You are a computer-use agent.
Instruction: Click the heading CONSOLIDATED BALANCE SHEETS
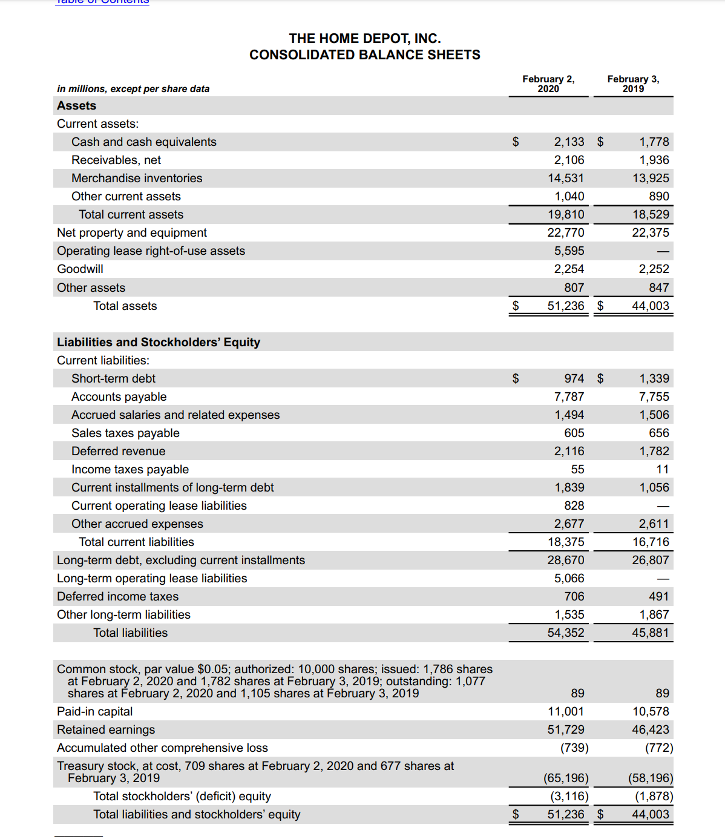tap(364, 55)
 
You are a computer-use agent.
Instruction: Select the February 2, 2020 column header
tap(548, 84)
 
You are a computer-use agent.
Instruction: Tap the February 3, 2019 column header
tap(633, 84)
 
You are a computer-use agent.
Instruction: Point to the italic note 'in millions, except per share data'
tap(133, 89)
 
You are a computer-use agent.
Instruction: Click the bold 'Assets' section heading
tap(77, 106)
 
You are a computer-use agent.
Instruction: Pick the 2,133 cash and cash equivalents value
tap(569, 142)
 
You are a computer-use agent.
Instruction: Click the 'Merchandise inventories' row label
tap(137, 179)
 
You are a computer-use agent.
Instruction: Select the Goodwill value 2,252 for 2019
tap(654, 269)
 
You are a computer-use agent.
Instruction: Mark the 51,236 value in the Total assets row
tap(566, 306)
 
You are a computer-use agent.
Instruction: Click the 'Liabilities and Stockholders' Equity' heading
tap(159, 343)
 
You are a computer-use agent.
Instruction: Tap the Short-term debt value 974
tap(574, 379)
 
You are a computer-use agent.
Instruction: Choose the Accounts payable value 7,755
tap(654, 397)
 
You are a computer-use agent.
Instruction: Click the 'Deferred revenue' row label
tap(118, 452)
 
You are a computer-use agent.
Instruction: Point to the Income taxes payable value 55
tap(577, 470)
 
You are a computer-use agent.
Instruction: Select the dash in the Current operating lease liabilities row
tap(663, 506)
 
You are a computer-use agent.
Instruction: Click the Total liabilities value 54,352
tap(566, 633)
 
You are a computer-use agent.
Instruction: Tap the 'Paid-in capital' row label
tap(94, 712)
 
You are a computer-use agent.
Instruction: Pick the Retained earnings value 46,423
tap(651, 730)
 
